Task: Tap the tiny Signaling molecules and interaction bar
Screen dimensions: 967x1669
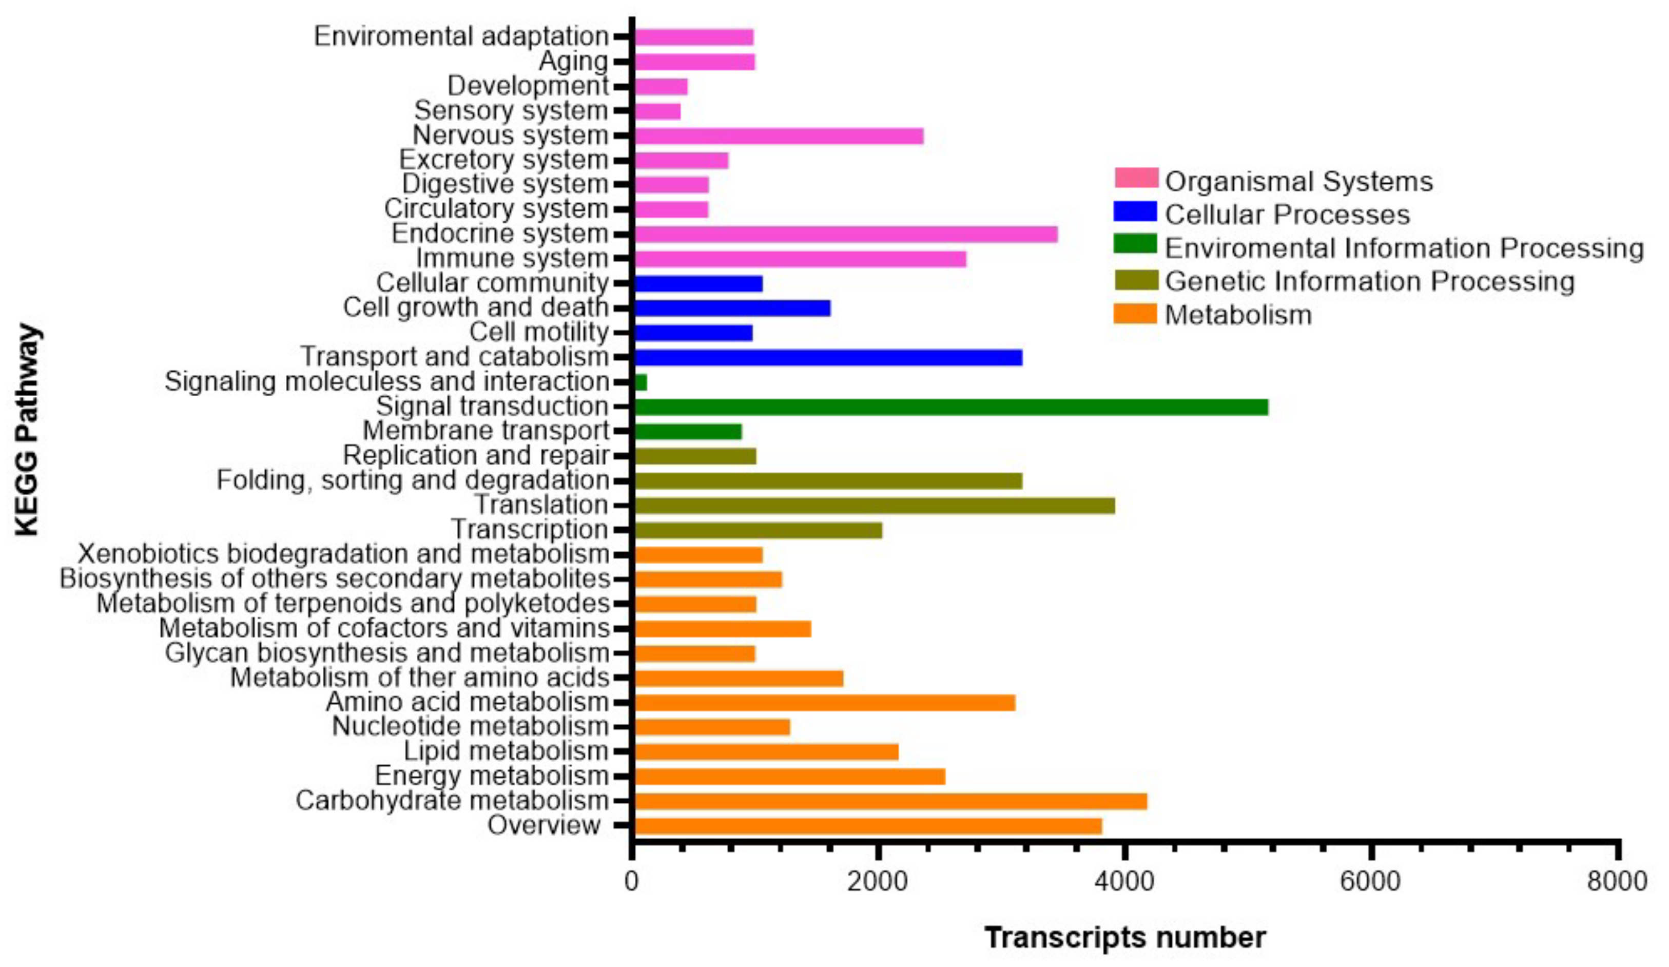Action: point(641,382)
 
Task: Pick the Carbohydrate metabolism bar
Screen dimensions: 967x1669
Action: point(890,801)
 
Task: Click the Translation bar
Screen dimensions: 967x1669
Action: point(874,506)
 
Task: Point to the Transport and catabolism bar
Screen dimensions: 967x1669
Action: point(828,358)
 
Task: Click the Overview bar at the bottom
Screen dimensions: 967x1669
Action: point(868,826)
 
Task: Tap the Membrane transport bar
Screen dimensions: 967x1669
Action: point(688,432)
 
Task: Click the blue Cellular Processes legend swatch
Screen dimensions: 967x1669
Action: point(1135,212)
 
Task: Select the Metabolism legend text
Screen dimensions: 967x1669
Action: point(1238,315)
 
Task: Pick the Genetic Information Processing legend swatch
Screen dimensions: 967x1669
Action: point(1135,280)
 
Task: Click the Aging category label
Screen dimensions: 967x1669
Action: point(573,62)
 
